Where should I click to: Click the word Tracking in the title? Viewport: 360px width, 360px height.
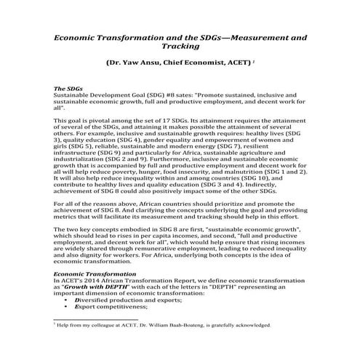coord(180,45)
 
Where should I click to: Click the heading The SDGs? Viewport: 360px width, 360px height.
coord(71,87)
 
